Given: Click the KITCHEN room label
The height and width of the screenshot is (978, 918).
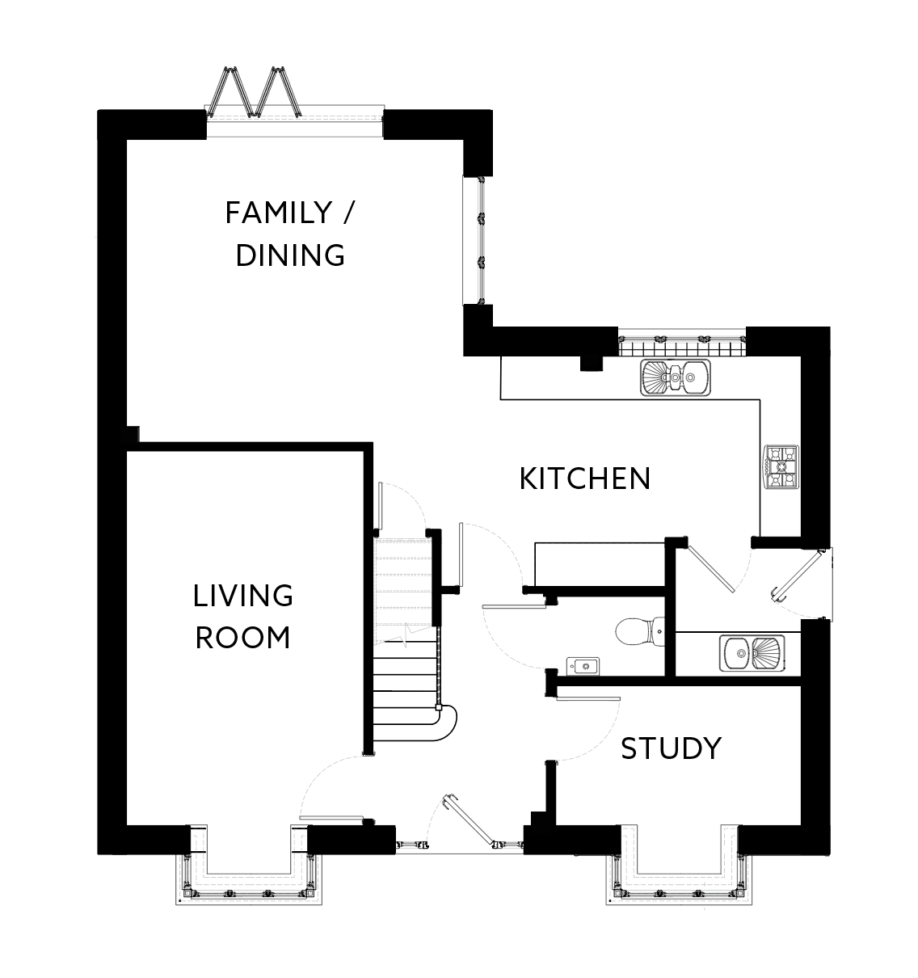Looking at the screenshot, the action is (x=584, y=478).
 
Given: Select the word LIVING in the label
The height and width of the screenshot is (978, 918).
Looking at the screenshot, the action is (x=242, y=596).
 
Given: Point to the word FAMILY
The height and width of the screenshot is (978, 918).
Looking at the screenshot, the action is (x=279, y=213).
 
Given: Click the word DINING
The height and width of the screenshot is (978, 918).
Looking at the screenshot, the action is (x=290, y=255).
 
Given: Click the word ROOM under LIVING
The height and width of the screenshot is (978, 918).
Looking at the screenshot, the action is (x=242, y=638).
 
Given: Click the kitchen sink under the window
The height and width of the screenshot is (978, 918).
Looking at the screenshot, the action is (x=676, y=377).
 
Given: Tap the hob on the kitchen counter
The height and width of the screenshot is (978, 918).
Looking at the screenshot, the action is (x=781, y=466).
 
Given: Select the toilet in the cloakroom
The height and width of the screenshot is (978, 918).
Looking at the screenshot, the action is (x=639, y=630).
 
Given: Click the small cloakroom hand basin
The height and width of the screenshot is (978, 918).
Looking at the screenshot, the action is (x=583, y=666).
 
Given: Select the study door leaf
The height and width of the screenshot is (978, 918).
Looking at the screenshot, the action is (x=588, y=698).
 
